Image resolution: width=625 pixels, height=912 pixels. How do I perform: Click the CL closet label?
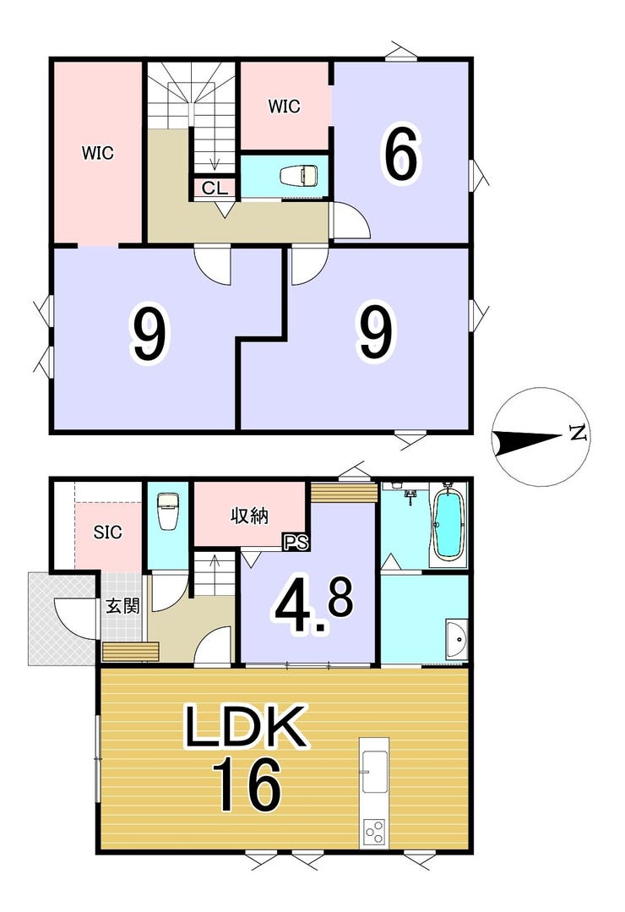(215, 188)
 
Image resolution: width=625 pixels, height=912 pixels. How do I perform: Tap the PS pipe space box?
(296, 542)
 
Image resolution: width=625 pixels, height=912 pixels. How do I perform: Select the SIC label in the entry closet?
(108, 532)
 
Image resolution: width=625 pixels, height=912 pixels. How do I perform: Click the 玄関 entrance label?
(122, 606)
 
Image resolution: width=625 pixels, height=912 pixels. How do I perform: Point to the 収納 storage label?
(250, 516)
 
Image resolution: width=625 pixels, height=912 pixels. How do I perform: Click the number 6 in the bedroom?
(399, 154)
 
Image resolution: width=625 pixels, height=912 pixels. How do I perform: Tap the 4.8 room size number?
(314, 605)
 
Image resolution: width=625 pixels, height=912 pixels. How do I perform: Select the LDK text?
(245, 726)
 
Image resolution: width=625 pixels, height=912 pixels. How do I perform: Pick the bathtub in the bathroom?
(448, 525)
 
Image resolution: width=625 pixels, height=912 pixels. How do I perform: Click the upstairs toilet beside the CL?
(299, 175)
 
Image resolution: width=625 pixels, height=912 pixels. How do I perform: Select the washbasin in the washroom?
(456, 640)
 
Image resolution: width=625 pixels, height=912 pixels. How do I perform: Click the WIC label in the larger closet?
(97, 153)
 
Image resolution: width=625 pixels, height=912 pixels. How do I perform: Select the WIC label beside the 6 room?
(284, 106)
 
